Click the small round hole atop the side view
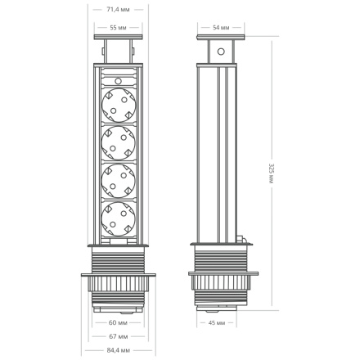[220, 51]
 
